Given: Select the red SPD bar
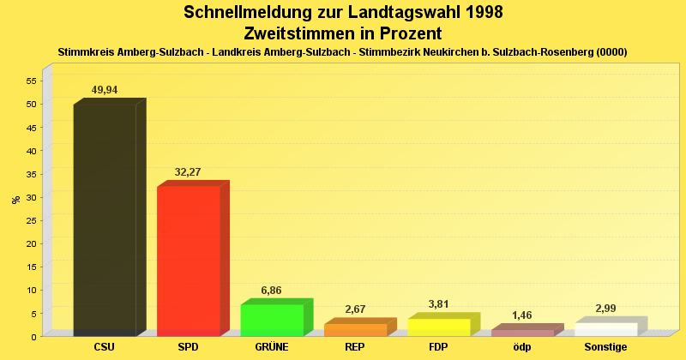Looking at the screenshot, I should pyautogui.click(x=189, y=261).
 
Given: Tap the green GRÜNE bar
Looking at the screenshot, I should pyautogui.click(x=272, y=320).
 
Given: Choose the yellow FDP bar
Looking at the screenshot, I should pyautogui.click(x=439, y=327).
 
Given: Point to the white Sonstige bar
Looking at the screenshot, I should pyautogui.click(x=606, y=329).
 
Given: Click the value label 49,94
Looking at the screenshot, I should pyautogui.click(x=105, y=90).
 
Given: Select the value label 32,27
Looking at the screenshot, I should pyautogui.click(x=188, y=172).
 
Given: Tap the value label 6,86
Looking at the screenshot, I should pyautogui.click(x=271, y=291).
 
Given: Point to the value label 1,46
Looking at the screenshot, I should pyautogui.click(x=522, y=315).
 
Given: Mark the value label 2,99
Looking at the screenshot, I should pyautogui.click(x=605, y=309).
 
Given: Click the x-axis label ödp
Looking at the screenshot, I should pyautogui.click(x=522, y=347).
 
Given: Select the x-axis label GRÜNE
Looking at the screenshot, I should pyautogui.click(x=272, y=347).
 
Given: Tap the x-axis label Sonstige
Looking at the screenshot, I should pyautogui.click(x=606, y=347).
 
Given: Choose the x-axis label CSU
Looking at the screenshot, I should pyautogui.click(x=105, y=347).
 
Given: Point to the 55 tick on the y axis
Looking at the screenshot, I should pyautogui.click(x=31, y=81).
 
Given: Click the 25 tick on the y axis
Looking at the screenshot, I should pyautogui.click(x=31, y=220).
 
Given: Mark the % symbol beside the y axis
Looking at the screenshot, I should pyautogui.click(x=15, y=200).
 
